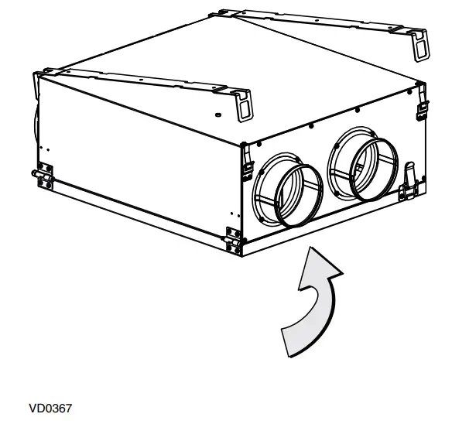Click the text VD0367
50,409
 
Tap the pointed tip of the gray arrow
311,247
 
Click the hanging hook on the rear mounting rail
419,45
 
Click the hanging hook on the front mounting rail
244,105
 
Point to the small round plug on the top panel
218,115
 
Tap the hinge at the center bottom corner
232,241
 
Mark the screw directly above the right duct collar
358,110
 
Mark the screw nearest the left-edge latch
259,144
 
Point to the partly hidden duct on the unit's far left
36,124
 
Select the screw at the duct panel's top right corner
409,92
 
